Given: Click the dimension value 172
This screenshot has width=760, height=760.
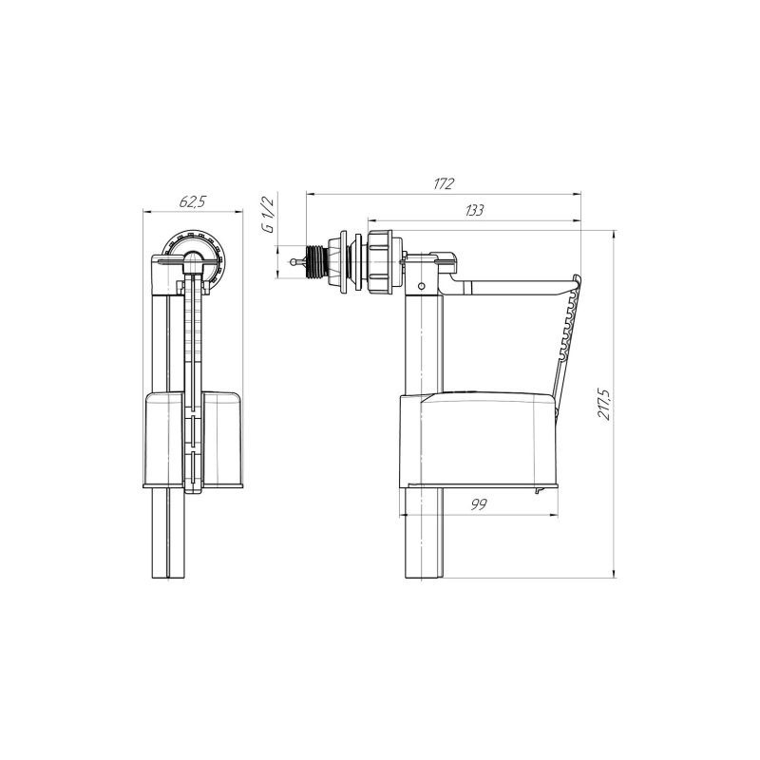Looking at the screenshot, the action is (x=444, y=184).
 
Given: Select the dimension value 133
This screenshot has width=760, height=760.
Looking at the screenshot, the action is (x=474, y=210).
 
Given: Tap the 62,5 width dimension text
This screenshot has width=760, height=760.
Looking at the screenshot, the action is (x=193, y=201).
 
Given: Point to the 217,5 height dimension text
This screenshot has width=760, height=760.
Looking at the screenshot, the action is (x=604, y=404).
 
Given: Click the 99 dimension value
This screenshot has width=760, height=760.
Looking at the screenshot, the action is (x=479, y=504).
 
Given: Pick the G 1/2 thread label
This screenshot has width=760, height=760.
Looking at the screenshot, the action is (x=269, y=215).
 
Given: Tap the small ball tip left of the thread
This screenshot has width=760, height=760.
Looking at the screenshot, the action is (x=294, y=262).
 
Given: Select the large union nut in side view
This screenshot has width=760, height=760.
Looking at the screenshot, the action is (x=384, y=262).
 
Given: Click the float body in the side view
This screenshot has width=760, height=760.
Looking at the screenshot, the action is (x=479, y=441).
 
